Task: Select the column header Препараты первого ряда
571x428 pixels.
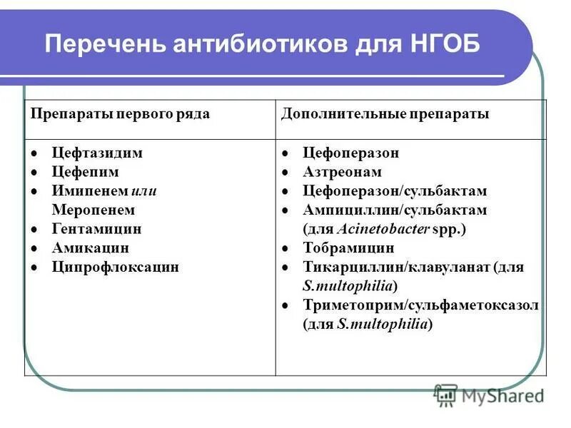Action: pos(119,114)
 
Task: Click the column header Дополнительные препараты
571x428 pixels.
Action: pos(385,114)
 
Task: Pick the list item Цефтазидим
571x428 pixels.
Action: pos(97,153)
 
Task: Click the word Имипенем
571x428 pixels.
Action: pos(89,191)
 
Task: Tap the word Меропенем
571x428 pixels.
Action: pos(94,210)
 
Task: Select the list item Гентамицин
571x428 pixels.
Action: pos(96,229)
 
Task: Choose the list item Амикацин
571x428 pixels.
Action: pos(91,248)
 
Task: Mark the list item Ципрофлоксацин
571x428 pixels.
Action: pos(116,267)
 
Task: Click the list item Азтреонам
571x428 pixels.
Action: pos(342,172)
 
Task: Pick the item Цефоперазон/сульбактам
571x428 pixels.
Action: pos(395,191)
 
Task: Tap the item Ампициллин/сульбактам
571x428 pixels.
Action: pos(395,210)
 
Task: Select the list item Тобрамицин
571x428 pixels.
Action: pos(348,248)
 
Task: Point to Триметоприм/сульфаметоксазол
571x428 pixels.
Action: pos(420,305)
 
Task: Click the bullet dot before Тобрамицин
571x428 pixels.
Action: pos(285,249)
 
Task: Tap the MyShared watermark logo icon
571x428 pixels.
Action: pos(446,394)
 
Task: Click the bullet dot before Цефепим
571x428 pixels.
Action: pos(34,173)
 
